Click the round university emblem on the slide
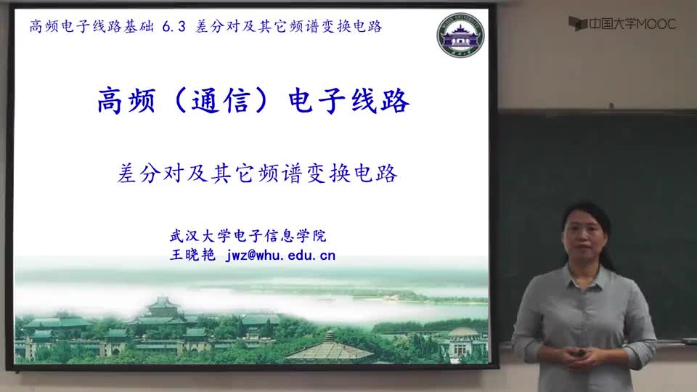pos(460,35)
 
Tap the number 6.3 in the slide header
pos(174,27)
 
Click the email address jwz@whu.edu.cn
pos(280,255)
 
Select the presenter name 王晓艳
pos(192,255)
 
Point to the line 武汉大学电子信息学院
pos(248,235)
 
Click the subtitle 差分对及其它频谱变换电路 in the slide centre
pos(257,173)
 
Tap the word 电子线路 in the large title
pos(348,101)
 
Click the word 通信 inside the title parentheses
pos(222,101)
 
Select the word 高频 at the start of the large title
pos(126,101)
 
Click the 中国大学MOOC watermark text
pos(632,24)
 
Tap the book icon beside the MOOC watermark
pos(578,23)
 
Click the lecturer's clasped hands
pos(579,356)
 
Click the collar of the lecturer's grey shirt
pos(586,272)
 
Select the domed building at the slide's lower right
pos(462,341)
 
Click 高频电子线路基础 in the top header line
pos(91,27)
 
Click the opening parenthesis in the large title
pos(179,101)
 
